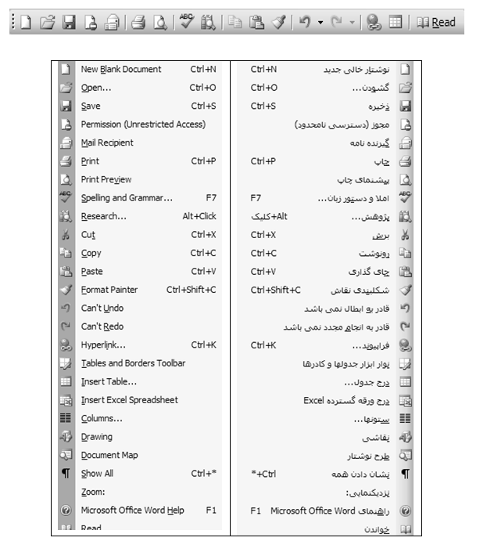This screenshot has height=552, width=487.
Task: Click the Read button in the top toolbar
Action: tap(436, 23)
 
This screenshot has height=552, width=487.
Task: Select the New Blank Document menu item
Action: tap(120, 70)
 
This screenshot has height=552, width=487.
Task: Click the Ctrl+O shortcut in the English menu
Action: tap(202, 88)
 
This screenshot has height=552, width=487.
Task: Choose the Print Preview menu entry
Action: tap(106, 179)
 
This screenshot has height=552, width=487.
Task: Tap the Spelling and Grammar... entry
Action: tap(127, 198)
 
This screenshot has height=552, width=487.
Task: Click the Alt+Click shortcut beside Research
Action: tap(199, 216)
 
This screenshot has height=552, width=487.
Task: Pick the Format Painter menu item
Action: tap(109, 290)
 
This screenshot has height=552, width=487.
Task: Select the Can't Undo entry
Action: tap(102, 308)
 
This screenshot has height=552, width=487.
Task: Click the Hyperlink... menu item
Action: tap(103, 345)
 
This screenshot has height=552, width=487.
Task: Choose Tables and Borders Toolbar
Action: tap(133, 363)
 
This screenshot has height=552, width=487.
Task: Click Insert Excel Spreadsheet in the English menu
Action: tap(129, 400)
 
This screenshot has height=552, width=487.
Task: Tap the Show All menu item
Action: tap(97, 474)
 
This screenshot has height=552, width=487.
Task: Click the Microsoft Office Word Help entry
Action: tap(132, 511)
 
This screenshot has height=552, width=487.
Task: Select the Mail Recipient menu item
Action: tap(107, 143)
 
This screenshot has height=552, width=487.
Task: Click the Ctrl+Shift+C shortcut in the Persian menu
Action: tap(275, 290)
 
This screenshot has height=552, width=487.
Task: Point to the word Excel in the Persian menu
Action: tap(313, 400)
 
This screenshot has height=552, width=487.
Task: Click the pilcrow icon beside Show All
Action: tap(66, 474)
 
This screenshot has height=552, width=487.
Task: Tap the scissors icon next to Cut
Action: tap(66, 235)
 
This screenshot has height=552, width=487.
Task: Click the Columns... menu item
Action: tap(102, 418)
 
